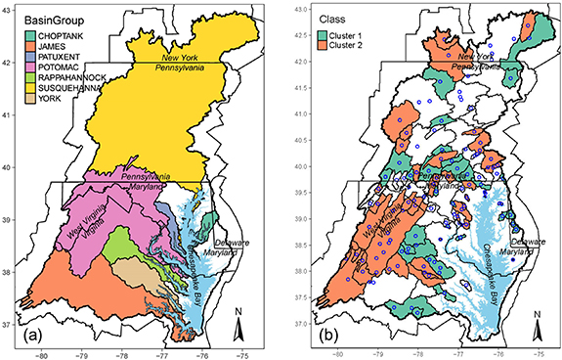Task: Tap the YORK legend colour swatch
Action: pos(32,112)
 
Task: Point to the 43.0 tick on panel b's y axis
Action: pos(303,9)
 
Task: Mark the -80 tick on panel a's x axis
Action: pos(42,352)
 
